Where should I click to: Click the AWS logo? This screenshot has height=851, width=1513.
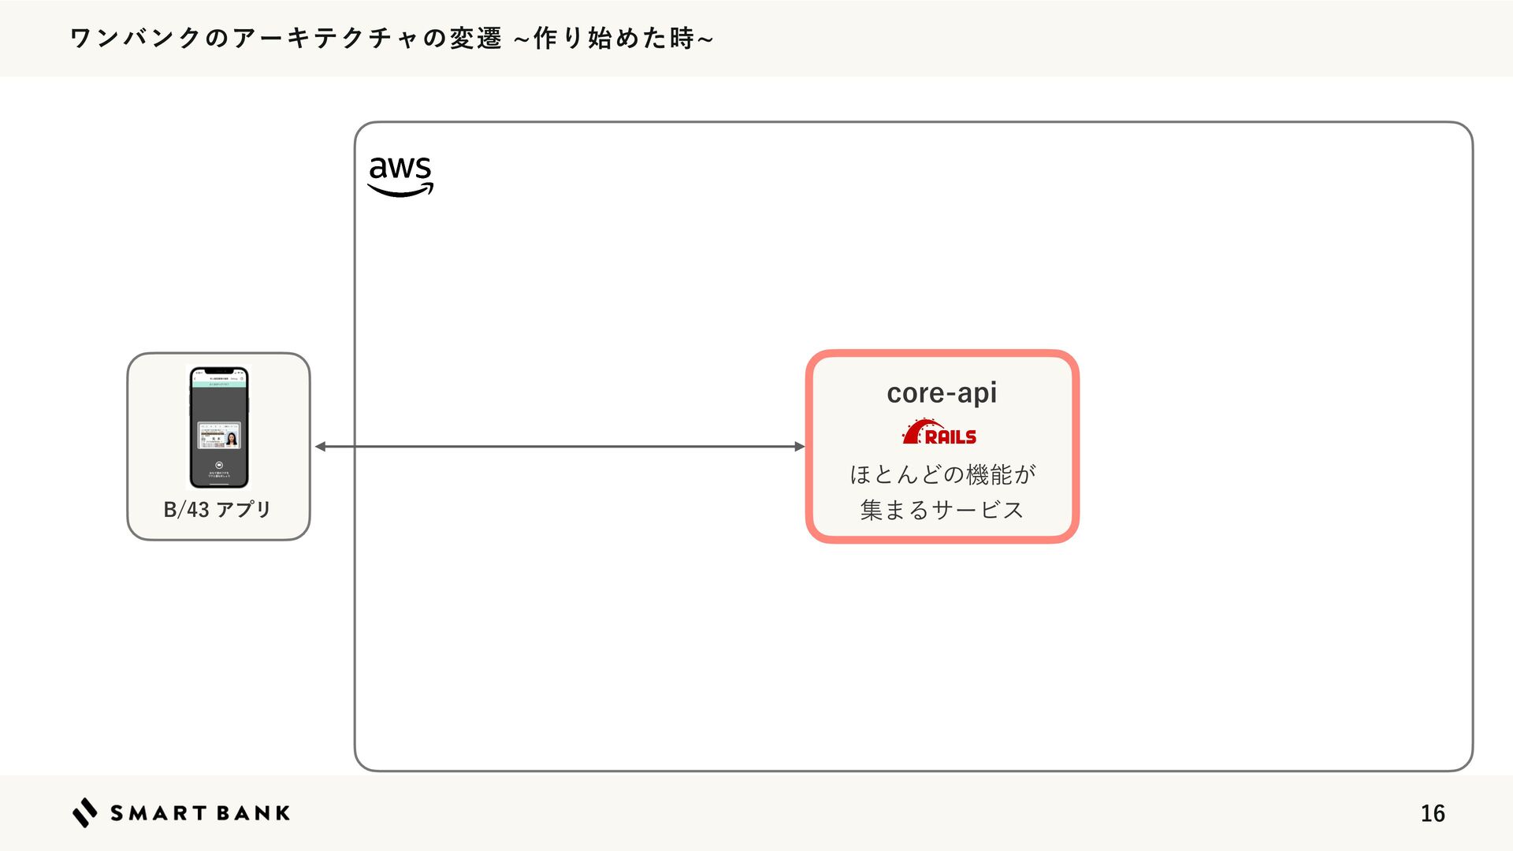coord(400,175)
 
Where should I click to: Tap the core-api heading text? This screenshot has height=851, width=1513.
coord(942,392)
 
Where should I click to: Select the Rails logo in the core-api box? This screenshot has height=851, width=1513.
coord(939,433)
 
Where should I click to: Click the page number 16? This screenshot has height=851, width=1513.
coord(1432,813)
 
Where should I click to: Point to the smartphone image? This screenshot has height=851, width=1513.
coord(218,427)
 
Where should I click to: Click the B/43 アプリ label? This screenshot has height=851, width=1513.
coord(217,510)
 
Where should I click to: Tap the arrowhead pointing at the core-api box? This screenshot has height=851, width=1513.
coord(799,447)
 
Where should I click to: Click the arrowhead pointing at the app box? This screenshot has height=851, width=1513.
coord(321,447)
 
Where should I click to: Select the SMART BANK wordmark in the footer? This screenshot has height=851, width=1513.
coord(200,813)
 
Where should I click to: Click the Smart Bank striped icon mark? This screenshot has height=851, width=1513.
coord(85,812)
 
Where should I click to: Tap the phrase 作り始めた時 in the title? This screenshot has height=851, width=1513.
coord(614,38)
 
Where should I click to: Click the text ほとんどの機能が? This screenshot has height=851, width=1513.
coord(942,474)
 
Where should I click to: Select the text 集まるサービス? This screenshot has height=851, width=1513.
coord(942,511)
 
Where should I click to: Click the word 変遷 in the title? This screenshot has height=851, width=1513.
coord(476,38)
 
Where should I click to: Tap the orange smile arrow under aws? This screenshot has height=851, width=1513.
coord(400,190)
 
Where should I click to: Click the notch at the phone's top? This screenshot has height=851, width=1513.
coord(218,370)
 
